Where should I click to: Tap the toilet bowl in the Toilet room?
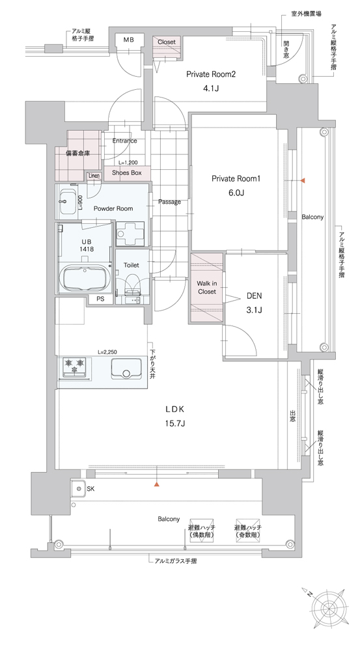pyautogui.click(x=132, y=283)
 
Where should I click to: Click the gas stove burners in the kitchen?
pyautogui.click(x=75, y=367)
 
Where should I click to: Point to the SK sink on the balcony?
pyautogui.click(x=77, y=489)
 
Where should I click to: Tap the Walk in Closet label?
pyautogui.click(x=207, y=287)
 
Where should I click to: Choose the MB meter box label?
pyautogui.click(x=128, y=40)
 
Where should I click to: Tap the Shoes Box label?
pyautogui.click(x=127, y=173)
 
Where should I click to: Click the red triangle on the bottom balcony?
pyautogui.click(x=156, y=484)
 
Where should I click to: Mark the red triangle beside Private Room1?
pyautogui.click(x=303, y=180)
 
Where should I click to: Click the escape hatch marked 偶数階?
pyautogui.click(x=201, y=530)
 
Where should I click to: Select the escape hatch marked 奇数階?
pyautogui.click(x=248, y=530)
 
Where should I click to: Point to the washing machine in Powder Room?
pyautogui.click(x=130, y=234)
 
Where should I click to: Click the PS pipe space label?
pyautogui.click(x=100, y=299)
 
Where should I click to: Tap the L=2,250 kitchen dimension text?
pyautogui.click(x=107, y=352)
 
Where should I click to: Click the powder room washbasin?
pyautogui.click(x=68, y=201)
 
